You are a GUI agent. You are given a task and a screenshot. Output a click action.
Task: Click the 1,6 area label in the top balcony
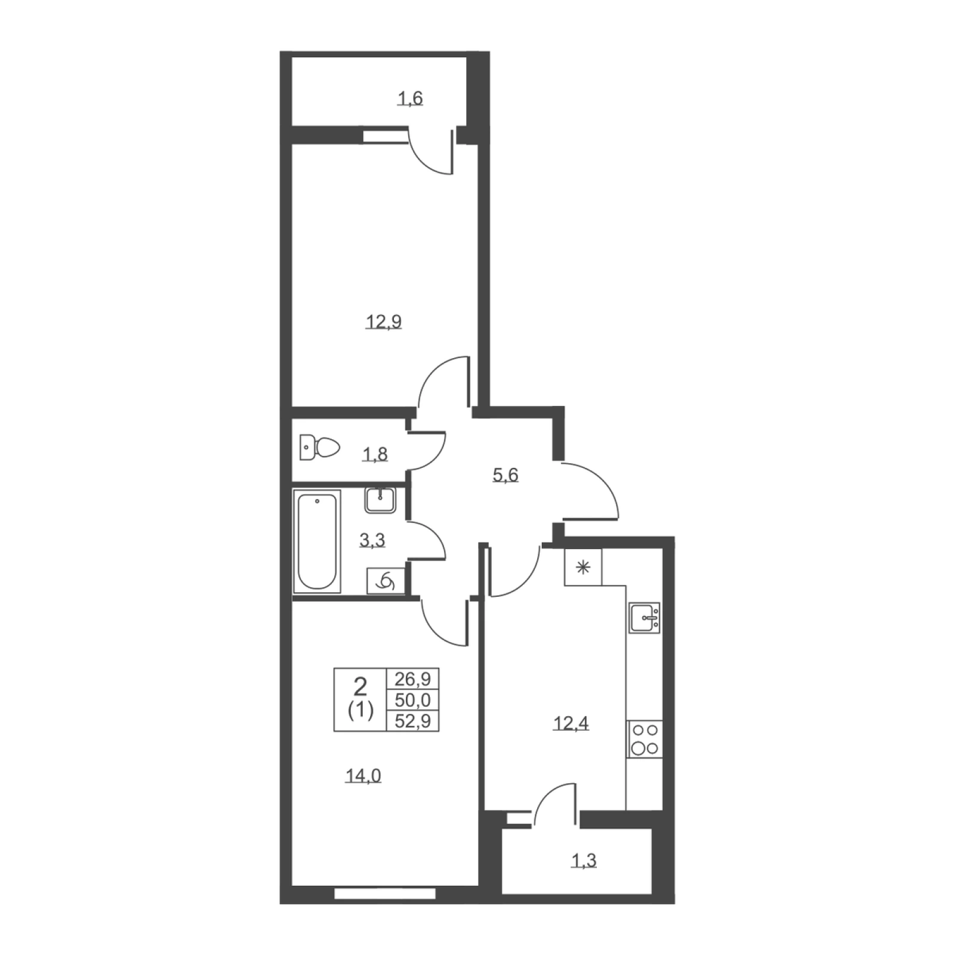click(x=411, y=98)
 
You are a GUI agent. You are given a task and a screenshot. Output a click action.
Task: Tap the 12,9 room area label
click(x=383, y=322)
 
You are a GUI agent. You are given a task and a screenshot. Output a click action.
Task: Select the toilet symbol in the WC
click(x=319, y=447)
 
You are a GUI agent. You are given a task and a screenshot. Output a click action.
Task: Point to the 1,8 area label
click(x=375, y=455)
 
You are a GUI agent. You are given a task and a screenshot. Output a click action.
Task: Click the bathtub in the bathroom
click(x=317, y=541)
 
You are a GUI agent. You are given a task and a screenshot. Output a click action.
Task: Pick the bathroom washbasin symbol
click(x=380, y=500)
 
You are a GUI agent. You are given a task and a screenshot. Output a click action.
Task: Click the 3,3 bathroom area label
click(x=372, y=541)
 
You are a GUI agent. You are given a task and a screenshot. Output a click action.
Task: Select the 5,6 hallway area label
click(x=505, y=476)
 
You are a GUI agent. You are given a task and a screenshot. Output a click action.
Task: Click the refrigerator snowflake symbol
click(x=583, y=567)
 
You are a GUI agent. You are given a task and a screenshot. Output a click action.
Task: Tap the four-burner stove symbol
click(x=645, y=739)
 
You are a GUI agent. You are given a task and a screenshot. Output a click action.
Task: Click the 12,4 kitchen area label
click(x=571, y=724)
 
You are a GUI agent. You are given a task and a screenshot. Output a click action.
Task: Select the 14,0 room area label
click(x=363, y=776)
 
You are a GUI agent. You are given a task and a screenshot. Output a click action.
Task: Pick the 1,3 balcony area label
click(x=584, y=861)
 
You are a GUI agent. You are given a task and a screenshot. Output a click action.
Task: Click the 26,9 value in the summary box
click(x=412, y=679)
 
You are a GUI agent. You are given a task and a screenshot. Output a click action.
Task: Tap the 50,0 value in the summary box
click(x=412, y=700)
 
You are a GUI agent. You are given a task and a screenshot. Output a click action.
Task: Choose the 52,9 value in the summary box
click(x=412, y=721)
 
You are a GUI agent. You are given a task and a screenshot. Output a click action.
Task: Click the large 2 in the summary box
click(x=360, y=687)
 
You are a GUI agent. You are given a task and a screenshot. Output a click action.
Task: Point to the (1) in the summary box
click(x=361, y=710)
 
